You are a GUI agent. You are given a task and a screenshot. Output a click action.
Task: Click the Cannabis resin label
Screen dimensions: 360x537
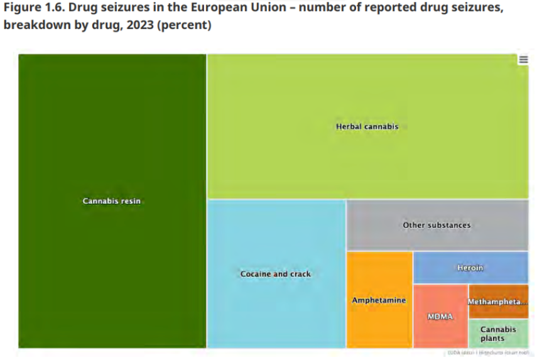[112, 201]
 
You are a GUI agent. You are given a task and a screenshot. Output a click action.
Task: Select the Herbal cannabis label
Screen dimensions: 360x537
[367, 126]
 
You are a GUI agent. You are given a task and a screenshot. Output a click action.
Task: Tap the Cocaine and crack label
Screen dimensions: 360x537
[275, 274]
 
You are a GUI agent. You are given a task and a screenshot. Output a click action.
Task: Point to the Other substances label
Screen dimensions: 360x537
[437, 225]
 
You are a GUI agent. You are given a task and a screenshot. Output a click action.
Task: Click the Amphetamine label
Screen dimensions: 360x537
[379, 300]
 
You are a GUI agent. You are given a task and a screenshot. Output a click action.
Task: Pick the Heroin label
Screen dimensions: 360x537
[470, 268]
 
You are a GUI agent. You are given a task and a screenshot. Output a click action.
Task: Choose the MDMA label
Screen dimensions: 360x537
[440, 317]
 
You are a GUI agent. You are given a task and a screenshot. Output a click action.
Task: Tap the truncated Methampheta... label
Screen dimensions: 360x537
[497, 302]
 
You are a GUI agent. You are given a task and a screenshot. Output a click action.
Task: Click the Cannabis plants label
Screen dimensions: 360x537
[497, 334]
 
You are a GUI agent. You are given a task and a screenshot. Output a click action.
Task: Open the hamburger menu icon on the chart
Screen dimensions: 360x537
[523, 60]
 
